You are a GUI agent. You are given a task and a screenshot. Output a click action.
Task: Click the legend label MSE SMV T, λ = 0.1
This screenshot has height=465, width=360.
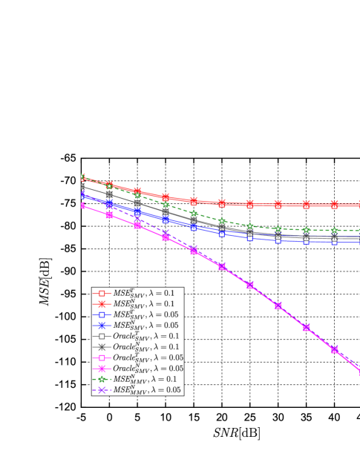coord(144,294)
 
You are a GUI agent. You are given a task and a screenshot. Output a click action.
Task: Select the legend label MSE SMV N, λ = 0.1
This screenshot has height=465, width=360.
coord(144,304)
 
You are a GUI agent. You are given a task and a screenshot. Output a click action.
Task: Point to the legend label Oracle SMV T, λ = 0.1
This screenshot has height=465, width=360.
coord(148,336)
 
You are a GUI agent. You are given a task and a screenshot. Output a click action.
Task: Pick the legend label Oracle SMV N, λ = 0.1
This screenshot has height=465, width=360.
coord(148,347)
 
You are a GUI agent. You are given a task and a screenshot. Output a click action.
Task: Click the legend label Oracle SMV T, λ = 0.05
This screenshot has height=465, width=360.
coord(151,357)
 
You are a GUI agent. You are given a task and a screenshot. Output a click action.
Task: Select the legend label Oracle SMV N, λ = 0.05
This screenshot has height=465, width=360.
coord(151,369)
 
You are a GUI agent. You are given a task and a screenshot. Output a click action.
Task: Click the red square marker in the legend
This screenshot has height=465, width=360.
coord(102,294)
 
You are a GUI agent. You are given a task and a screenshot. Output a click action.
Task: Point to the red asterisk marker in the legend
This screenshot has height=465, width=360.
coord(102,304)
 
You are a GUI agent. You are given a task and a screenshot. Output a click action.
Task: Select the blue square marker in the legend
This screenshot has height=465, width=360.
coord(102,314)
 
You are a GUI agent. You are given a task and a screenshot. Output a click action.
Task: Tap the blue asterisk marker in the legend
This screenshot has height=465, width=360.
coord(102,326)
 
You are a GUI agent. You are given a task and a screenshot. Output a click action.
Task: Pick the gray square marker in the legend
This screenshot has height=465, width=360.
coord(102,336)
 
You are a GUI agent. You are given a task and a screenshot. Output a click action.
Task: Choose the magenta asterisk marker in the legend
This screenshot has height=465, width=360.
coord(102,369)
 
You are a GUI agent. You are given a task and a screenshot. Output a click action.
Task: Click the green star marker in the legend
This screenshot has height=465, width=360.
coord(102,379)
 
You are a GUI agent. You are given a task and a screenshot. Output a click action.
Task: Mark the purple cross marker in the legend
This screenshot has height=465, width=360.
coord(102,390)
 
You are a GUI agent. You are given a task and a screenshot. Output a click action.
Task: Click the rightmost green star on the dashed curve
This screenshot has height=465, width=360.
coord(334,231)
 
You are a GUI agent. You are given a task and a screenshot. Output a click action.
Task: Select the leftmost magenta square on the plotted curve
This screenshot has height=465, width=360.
coord(82,205)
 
